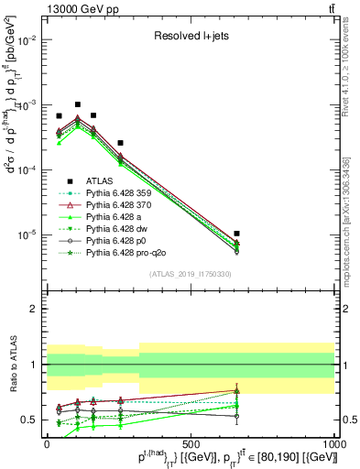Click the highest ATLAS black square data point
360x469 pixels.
(78, 104)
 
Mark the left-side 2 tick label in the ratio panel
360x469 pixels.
(35, 310)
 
